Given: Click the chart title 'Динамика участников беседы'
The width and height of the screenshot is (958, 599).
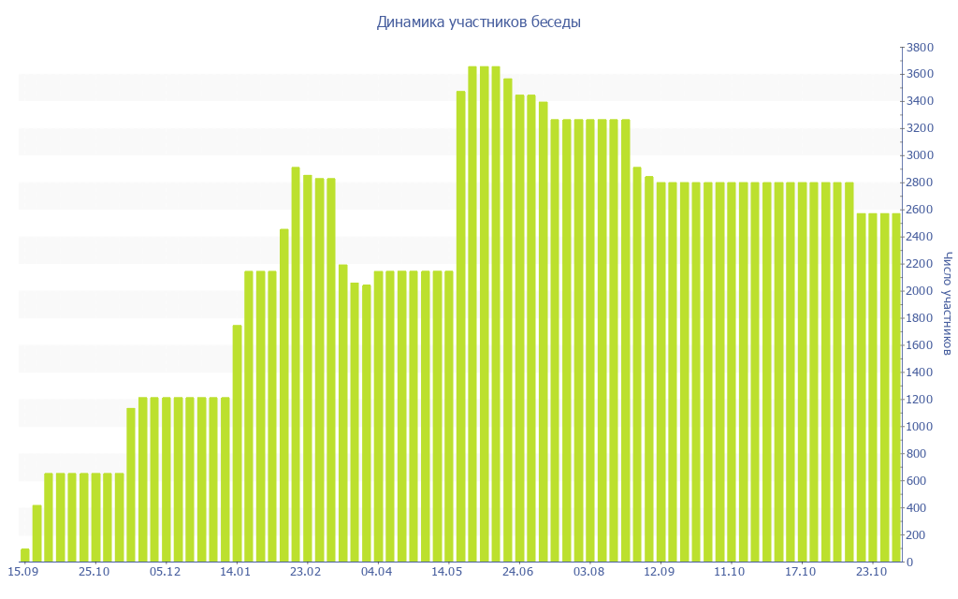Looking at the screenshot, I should pyautogui.click(x=478, y=22).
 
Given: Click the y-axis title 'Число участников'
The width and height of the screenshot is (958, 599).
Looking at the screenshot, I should pyautogui.click(x=947, y=303).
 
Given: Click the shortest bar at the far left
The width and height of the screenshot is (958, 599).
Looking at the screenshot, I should pyautogui.click(x=25, y=555).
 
